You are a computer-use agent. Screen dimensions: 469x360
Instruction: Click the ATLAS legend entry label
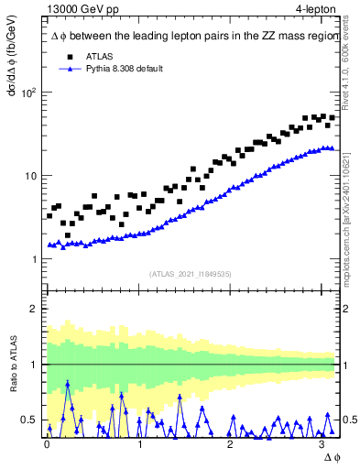coord(100,56)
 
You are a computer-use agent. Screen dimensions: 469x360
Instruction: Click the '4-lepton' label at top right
coord(316,8)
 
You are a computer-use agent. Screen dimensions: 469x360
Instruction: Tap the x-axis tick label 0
coord(48,443)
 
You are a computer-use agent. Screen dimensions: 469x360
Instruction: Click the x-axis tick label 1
coord(140,443)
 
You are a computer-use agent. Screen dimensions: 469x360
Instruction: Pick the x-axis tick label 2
coord(232,443)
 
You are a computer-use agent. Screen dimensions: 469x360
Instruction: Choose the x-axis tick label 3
coord(324,443)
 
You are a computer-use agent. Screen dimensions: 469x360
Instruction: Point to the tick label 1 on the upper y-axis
coord(34,259)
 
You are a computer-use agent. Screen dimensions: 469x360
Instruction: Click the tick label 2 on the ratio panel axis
coord(34,309)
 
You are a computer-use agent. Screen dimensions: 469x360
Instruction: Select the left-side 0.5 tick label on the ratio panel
coord(30,420)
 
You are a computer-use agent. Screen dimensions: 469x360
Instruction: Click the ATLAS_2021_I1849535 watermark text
coord(191,273)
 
